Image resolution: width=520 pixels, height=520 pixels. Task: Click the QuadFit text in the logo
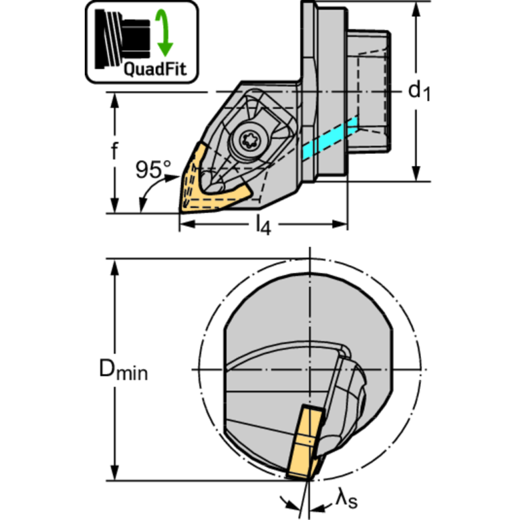point(155,70)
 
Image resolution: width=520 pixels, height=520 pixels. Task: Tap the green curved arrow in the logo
point(165,33)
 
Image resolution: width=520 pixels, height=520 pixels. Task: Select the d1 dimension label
point(419,92)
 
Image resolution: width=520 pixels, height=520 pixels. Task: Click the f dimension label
point(115,151)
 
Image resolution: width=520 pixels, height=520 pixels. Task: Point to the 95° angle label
point(153,169)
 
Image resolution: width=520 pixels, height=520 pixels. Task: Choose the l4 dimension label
point(264,226)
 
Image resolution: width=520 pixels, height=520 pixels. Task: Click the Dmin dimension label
point(123,369)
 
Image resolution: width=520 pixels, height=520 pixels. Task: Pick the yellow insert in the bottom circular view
point(305,442)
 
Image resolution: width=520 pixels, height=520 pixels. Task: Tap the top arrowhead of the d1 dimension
point(416,9)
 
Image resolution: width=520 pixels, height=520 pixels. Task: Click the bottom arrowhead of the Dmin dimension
point(115,473)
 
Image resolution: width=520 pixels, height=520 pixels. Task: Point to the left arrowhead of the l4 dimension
point(187,224)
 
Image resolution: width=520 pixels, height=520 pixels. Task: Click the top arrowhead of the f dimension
point(115,100)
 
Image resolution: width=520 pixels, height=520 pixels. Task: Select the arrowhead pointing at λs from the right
point(317,508)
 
